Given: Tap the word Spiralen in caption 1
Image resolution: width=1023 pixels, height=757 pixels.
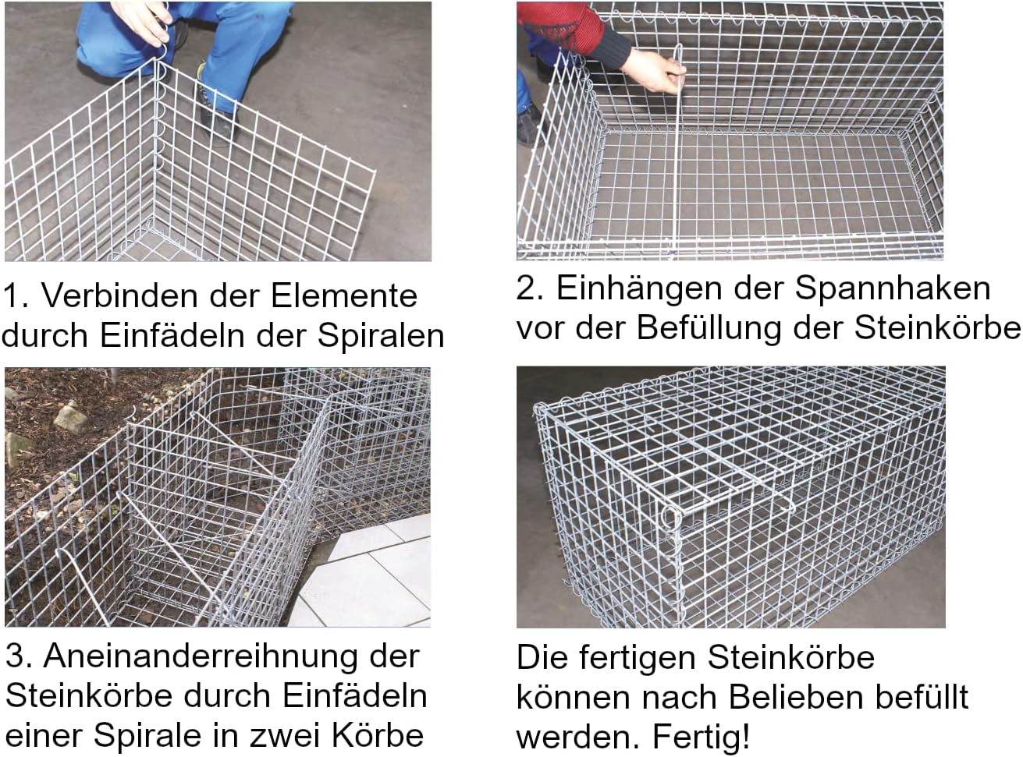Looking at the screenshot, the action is (381, 336).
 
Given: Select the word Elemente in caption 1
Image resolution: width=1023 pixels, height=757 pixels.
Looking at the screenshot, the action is (344, 295).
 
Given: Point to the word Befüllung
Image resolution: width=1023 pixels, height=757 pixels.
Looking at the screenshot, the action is (709, 328).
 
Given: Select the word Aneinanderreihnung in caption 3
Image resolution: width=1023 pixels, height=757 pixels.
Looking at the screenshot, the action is (201, 657).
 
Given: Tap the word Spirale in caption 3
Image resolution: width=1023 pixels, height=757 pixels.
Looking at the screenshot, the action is (149, 735).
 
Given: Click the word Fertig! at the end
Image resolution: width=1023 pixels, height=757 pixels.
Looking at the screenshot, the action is (701, 736).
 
